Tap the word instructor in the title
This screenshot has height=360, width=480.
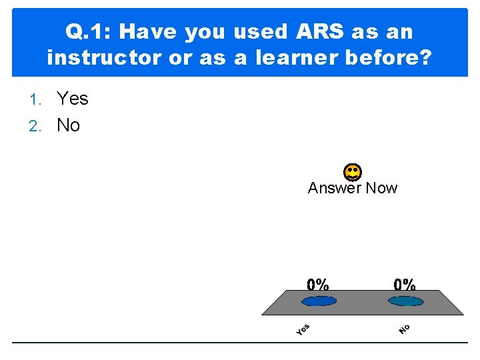click(x=103, y=58)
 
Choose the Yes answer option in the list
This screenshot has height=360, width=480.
click(x=72, y=99)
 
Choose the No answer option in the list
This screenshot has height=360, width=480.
click(x=68, y=125)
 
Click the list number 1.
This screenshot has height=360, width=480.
click(x=37, y=99)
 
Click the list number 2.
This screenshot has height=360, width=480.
click(x=37, y=126)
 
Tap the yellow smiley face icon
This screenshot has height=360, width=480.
click(x=353, y=172)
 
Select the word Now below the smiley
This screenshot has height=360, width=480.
click(x=381, y=188)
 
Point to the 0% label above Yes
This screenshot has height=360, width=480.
click(x=318, y=284)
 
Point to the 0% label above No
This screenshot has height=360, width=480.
click(x=405, y=284)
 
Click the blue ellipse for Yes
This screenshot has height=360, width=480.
click(x=319, y=301)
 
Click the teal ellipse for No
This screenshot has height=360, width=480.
click(x=405, y=301)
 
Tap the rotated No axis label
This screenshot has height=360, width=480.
click(x=405, y=329)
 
